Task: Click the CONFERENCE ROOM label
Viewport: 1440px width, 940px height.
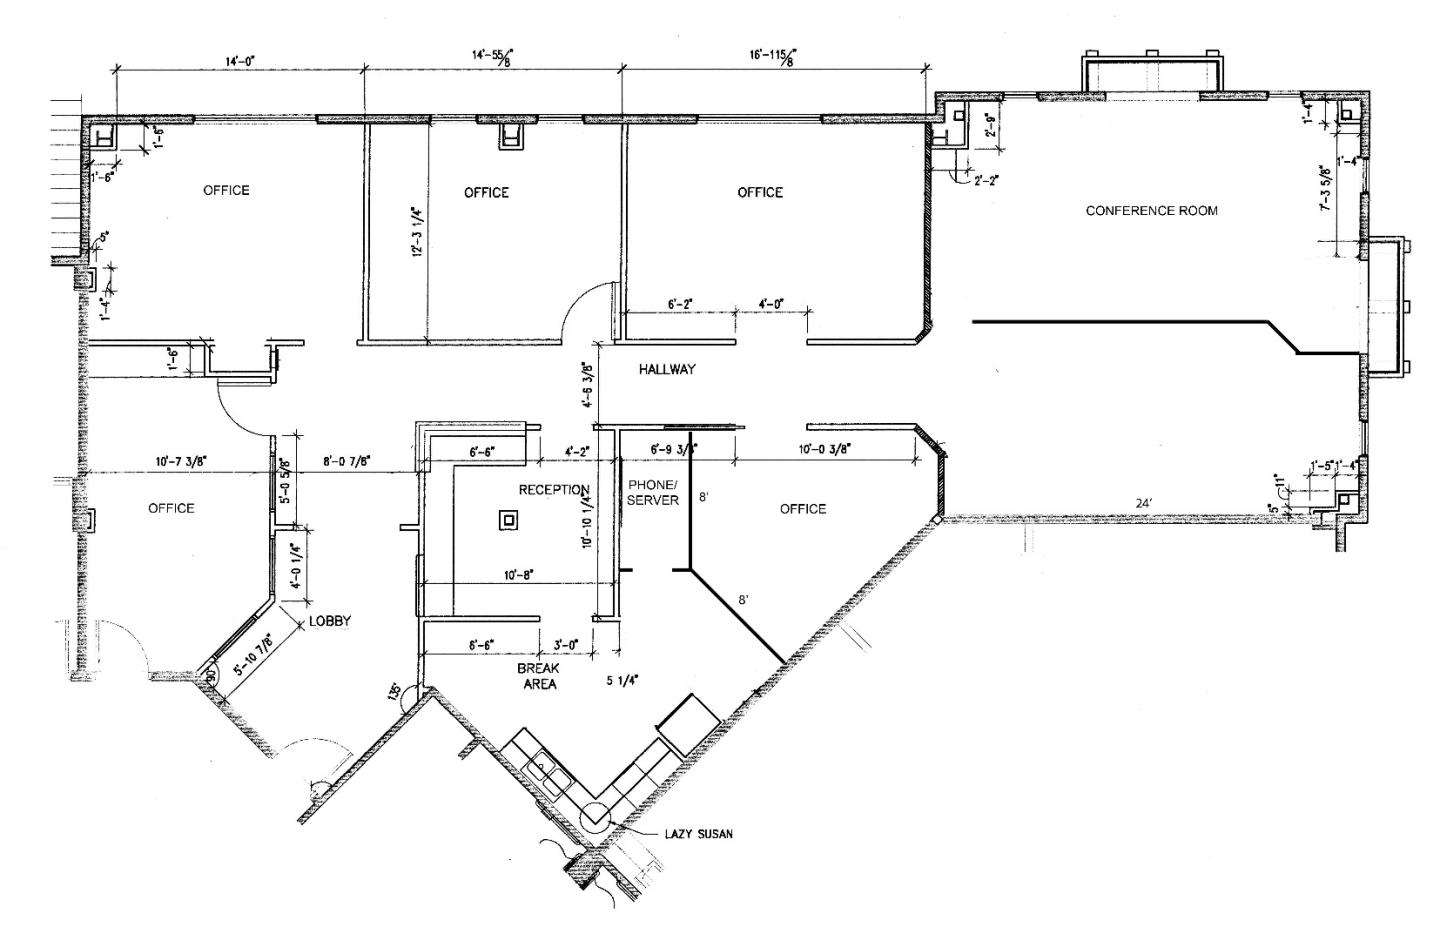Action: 1151,211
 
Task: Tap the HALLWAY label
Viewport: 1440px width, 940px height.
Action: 667,369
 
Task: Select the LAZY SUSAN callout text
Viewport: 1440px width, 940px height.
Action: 698,833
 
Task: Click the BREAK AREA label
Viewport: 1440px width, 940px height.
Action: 537,676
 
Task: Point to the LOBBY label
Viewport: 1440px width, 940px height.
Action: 330,621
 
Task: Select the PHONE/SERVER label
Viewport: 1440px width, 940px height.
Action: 653,492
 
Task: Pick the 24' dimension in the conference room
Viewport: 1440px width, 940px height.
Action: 1143,503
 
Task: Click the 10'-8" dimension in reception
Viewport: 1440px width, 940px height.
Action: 518,575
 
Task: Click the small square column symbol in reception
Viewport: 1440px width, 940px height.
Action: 509,519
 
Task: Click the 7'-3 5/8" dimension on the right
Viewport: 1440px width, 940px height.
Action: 1326,188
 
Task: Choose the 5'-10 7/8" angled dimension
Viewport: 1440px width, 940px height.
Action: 253,657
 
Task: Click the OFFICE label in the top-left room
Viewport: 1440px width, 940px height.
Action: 226,190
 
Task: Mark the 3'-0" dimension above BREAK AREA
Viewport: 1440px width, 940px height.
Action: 567,645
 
